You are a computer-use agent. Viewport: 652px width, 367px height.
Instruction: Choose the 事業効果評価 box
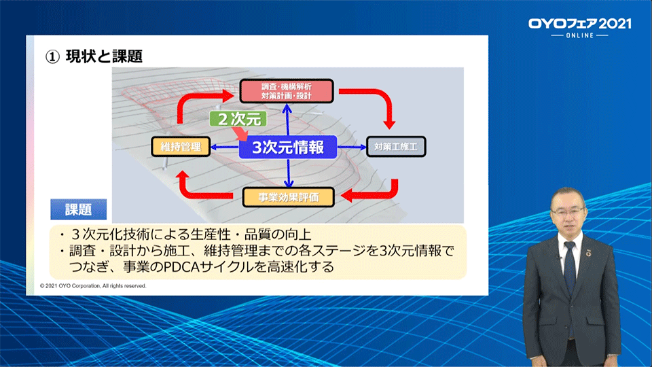tap(289, 198)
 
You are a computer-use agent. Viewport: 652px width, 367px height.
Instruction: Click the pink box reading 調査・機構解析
tap(287, 91)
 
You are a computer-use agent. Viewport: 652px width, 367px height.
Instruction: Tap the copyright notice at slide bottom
tap(93, 286)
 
